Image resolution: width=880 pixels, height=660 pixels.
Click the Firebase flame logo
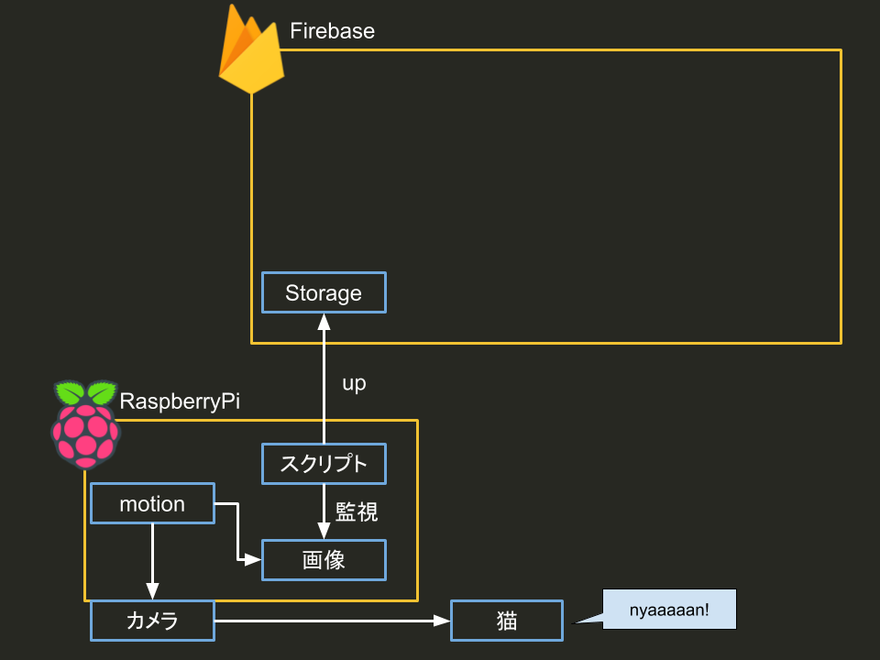pos(250,53)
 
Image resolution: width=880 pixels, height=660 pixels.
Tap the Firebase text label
pos(332,31)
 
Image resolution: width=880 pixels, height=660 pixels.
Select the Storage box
pos(324,293)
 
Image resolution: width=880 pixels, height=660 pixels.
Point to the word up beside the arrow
pos(354,384)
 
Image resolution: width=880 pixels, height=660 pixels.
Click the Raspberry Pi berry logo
pos(85,426)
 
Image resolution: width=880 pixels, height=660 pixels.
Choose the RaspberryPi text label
pos(180,401)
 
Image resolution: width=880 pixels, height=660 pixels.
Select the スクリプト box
pos(324,464)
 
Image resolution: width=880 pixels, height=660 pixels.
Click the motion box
pos(152,504)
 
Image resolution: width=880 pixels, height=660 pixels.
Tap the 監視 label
pos(357,512)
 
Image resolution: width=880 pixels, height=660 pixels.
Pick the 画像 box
pos(324,560)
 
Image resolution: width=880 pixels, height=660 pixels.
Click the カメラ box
pos(152,621)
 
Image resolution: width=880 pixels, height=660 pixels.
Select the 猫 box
pos(506,621)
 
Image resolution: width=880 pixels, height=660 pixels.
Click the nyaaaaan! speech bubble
pos(669,609)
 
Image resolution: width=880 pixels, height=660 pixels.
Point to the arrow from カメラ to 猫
pos(330,621)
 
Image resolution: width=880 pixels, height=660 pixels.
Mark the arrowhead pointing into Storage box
pos(324,321)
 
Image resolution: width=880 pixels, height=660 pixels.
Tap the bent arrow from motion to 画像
pos(236,532)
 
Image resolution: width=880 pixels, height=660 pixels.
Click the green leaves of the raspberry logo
pos(86,393)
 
